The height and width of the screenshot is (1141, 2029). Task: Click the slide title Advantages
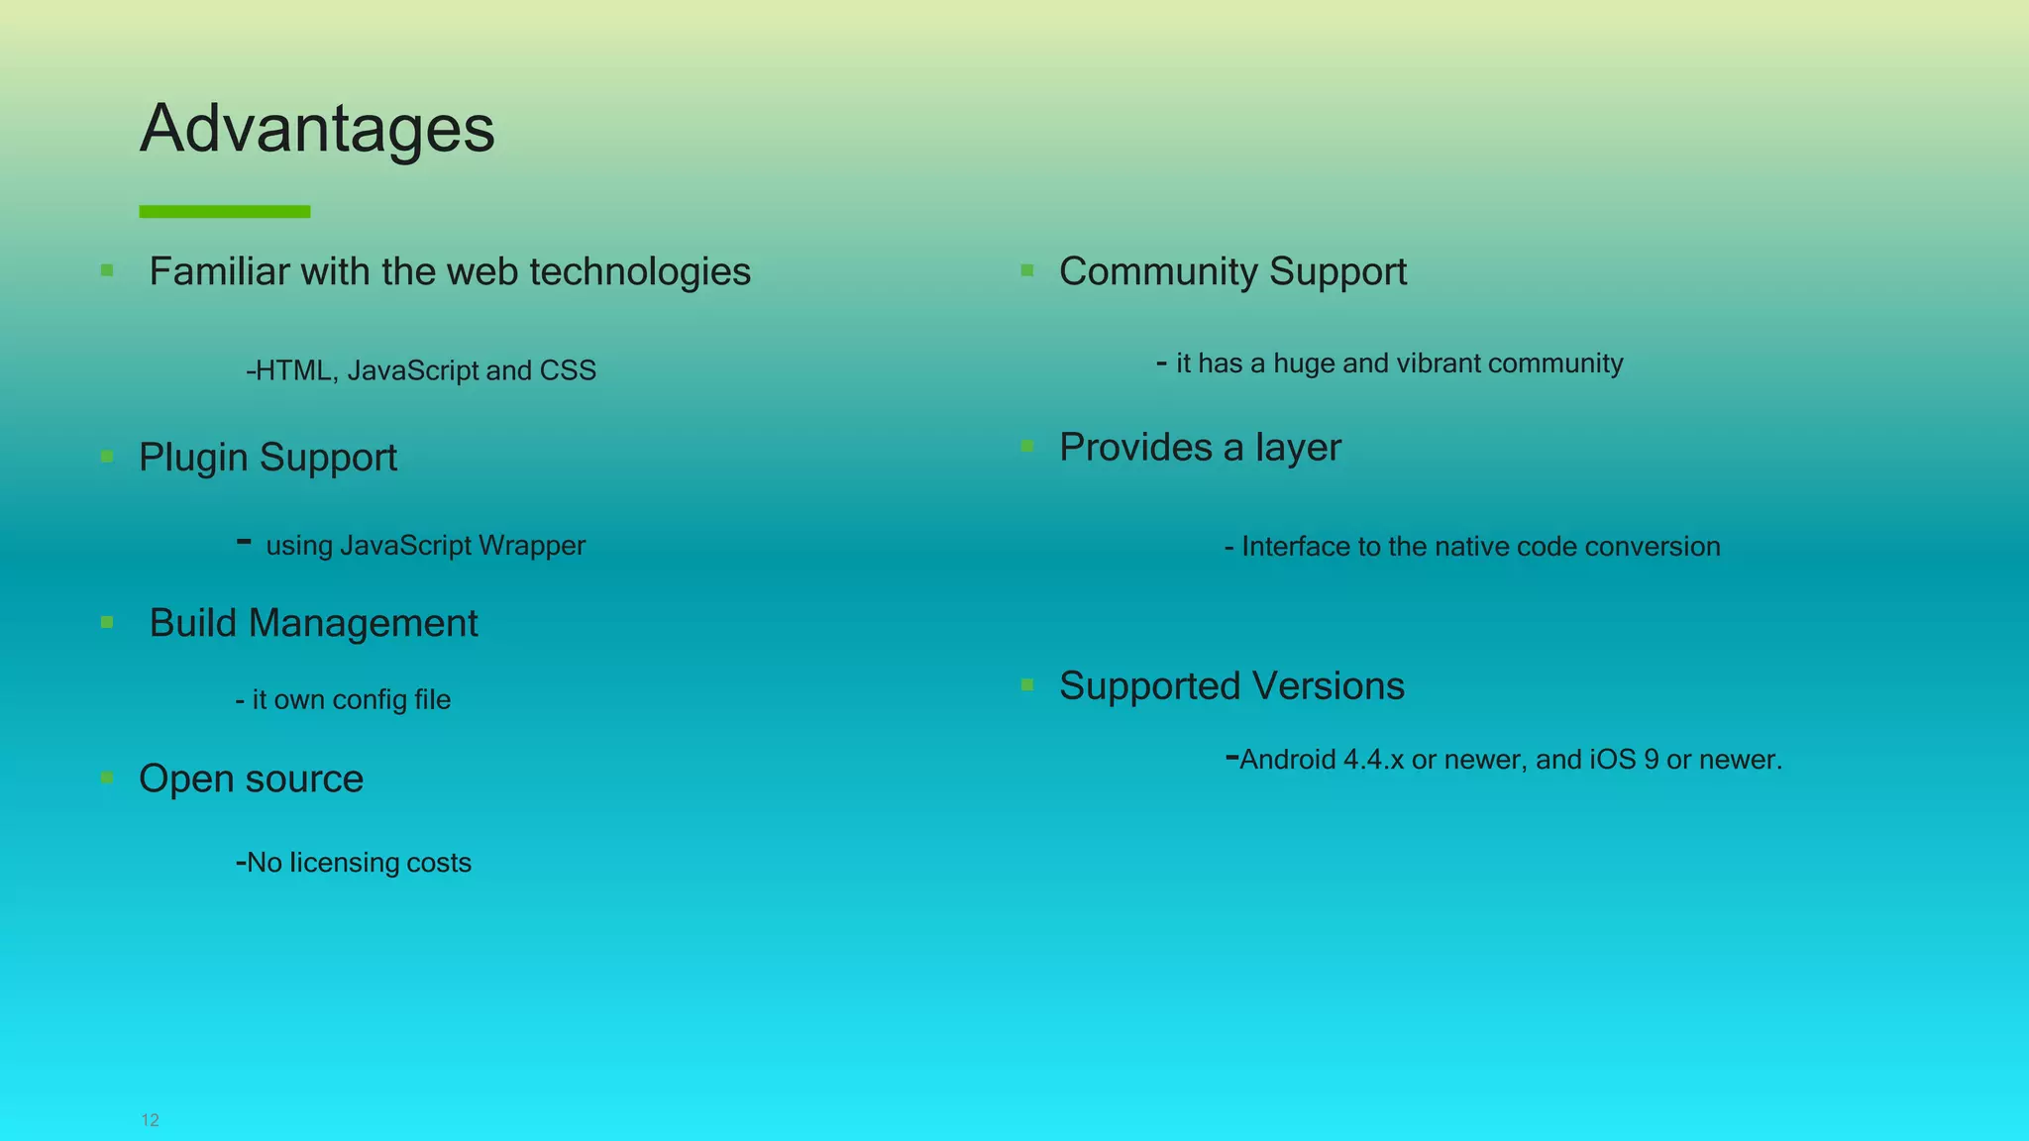(x=317, y=129)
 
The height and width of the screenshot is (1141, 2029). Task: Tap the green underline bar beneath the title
(x=225, y=211)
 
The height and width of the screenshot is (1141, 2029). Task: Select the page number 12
(x=151, y=1120)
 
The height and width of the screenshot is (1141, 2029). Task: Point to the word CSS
(x=568, y=370)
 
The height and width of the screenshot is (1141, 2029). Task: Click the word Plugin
(x=193, y=458)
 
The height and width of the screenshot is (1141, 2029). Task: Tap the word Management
(x=363, y=623)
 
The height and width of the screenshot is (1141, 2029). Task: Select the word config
(x=371, y=700)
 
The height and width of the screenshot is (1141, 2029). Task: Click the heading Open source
(x=252, y=778)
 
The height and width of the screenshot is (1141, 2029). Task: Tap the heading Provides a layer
(x=1200, y=448)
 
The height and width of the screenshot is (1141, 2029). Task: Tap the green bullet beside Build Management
(x=107, y=623)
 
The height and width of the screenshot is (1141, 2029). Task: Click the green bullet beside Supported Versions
(x=1027, y=684)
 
